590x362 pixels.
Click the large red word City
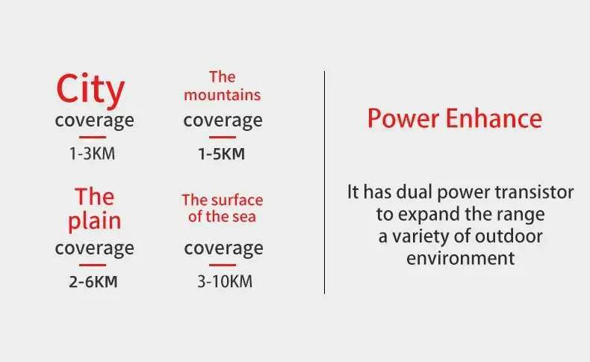[90, 90]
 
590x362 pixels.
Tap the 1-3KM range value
[92, 153]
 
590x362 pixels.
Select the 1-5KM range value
[222, 153]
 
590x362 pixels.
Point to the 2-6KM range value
[93, 282]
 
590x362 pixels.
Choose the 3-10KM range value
[225, 282]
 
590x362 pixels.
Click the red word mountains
[223, 95]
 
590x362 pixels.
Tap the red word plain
[94, 221]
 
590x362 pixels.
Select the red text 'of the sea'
[222, 217]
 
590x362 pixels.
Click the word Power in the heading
[403, 119]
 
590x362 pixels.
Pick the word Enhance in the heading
[494, 119]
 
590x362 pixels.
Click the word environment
[461, 258]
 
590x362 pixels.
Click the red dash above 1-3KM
[93, 137]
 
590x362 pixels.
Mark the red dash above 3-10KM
[223, 265]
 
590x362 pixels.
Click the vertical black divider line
[324, 182]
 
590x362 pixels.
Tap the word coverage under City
[94, 121]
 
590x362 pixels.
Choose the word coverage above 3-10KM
[223, 248]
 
